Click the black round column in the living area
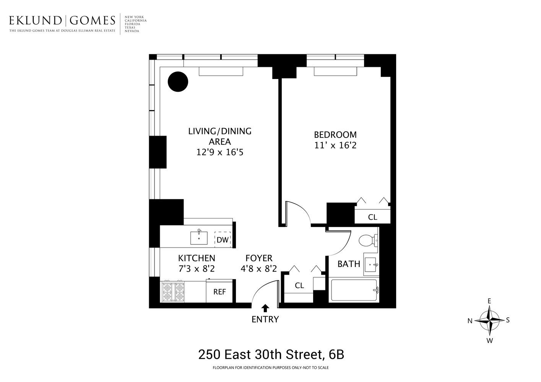coord(178,82)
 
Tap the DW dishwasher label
coord(223,240)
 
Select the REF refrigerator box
coord(219,292)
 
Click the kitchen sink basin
coord(199,238)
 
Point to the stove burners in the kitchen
coord(174,292)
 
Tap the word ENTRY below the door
coord(265,319)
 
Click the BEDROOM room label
coord(335,135)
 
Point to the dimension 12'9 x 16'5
coord(220,152)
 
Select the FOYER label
coord(259,258)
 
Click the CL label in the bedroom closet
coord(372,217)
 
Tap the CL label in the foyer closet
coord(299,286)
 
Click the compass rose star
coord(489,320)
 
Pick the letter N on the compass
coord(470,321)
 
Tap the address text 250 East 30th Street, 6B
coord(271,354)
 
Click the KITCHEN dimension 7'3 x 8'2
coord(197,269)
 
